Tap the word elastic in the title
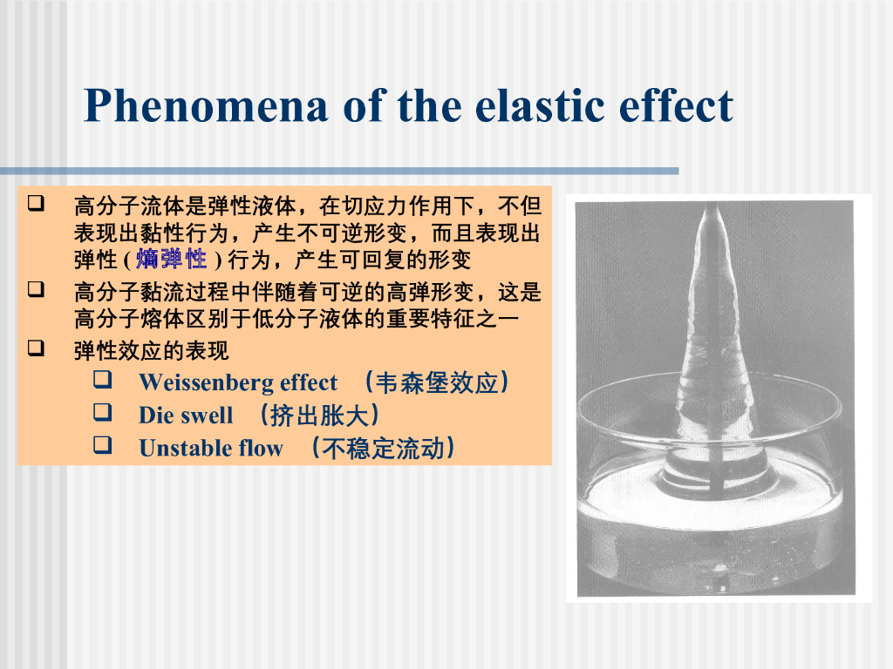[x=539, y=105]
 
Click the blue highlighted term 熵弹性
[x=172, y=259]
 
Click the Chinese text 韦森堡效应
[x=437, y=382]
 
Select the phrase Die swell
[x=187, y=416]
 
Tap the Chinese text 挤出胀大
[x=319, y=416]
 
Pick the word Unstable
[x=183, y=449]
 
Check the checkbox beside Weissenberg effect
[x=103, y=380]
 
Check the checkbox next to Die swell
[x=103, y=412]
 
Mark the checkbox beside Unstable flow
[x=103, y=445]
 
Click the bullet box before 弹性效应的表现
[x=36, y=348]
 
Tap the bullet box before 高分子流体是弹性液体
[x=36, y=202]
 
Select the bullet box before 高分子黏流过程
[x=36, y=289]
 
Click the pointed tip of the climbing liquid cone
[x=711, y=206]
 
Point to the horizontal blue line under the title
[x=339, y=171]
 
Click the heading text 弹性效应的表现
[x=152, y=351]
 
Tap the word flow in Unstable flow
[x=261, y=449]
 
